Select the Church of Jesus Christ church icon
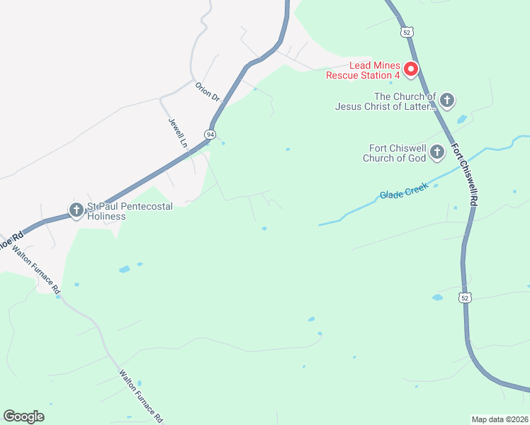(447, 101)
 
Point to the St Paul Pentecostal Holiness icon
(76, 210)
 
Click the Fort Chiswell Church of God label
(394, 153)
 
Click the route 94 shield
(210, 134)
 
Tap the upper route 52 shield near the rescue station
(405, 33)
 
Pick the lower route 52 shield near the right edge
(465, 298)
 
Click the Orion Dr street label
(208, 91)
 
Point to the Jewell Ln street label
(177, 132)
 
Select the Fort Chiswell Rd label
(465, 176)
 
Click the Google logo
(23, 416)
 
